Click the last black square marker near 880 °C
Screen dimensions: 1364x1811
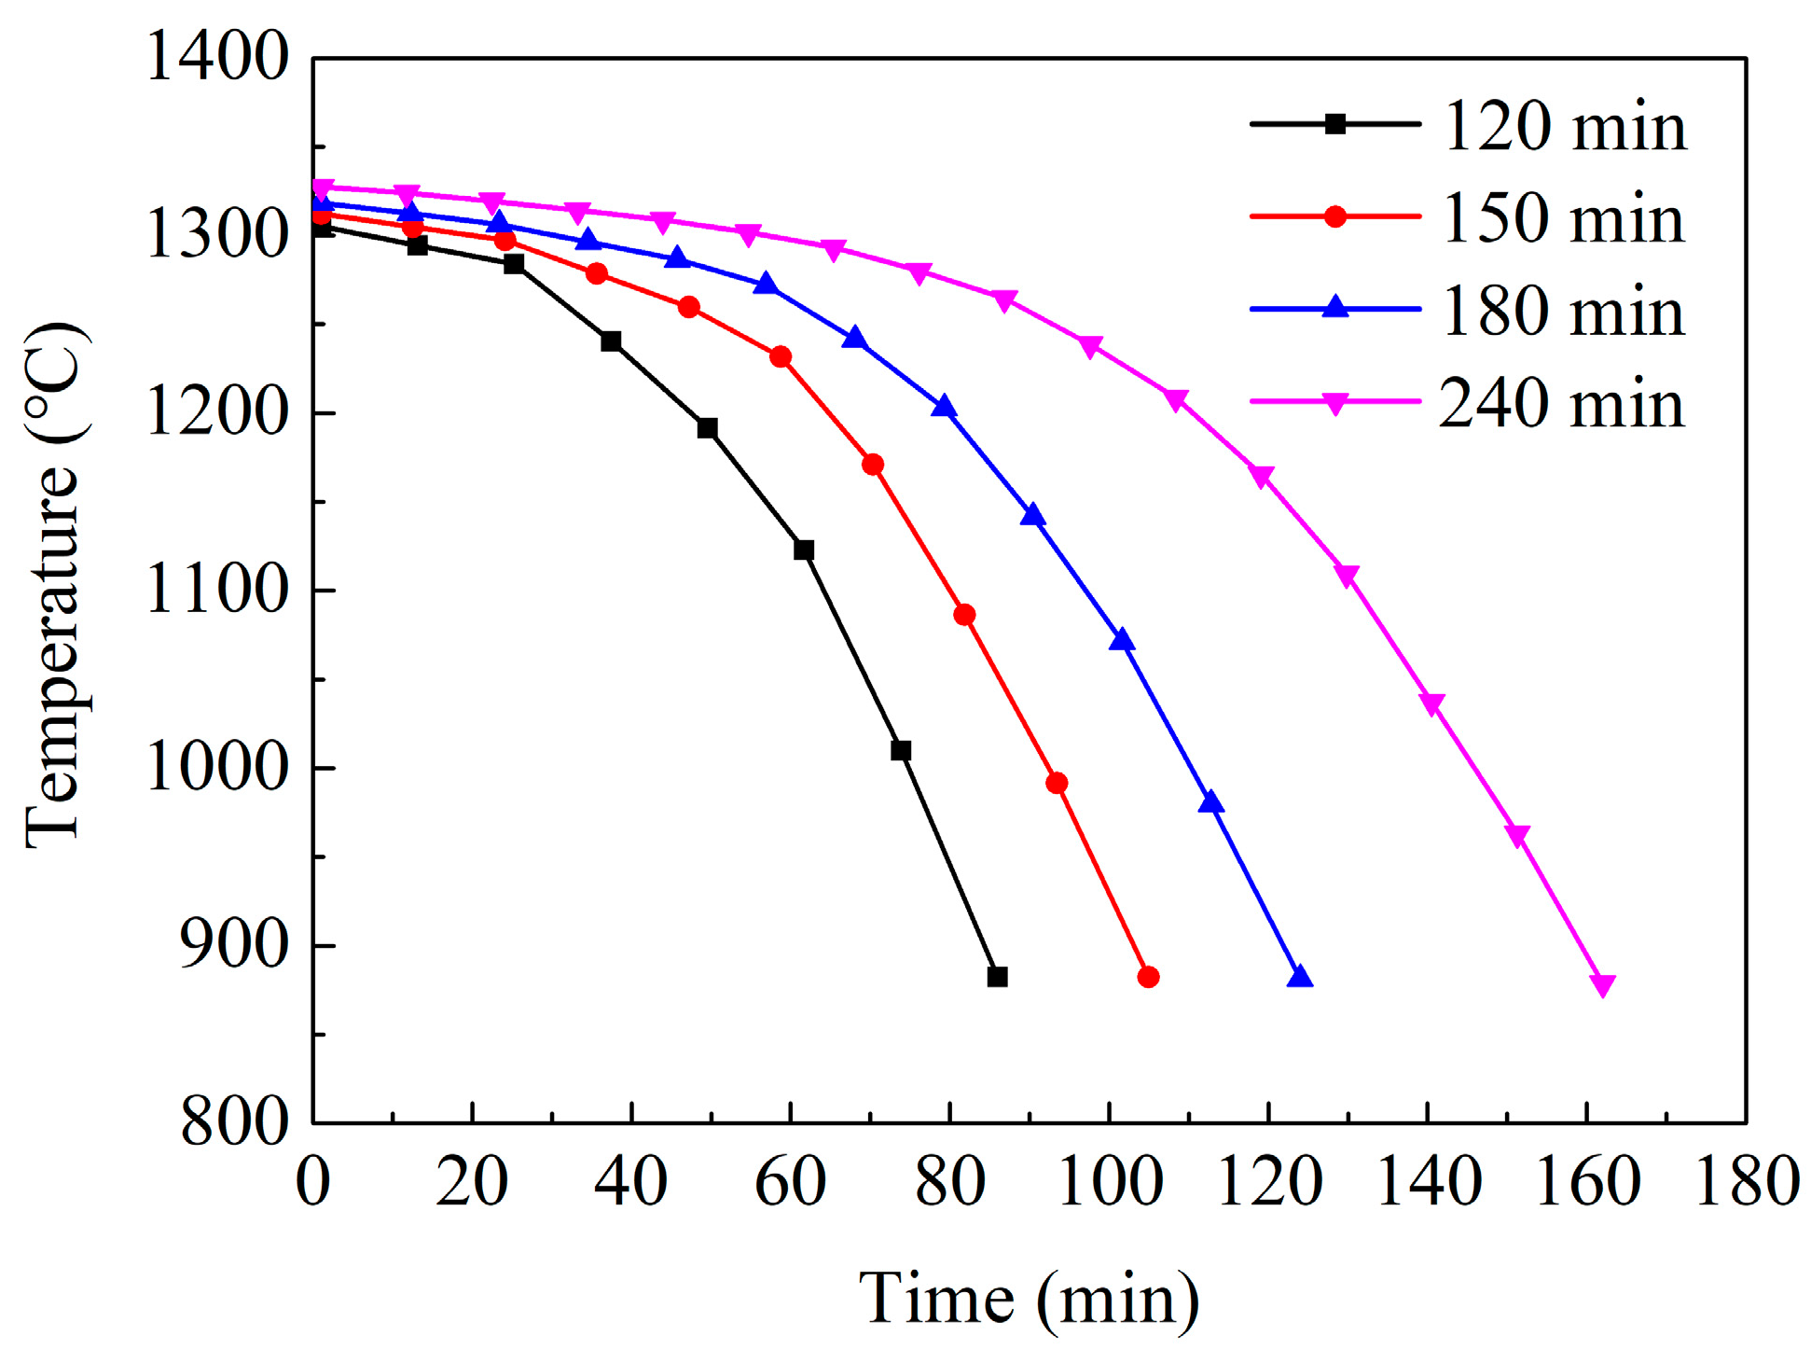pos(997,977)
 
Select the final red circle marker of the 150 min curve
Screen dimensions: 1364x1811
pos(1148,977)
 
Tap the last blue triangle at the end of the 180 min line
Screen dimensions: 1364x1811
pos(1299,977)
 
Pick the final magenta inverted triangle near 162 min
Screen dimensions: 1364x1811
pos(1602,985)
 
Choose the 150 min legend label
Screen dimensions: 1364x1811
pos(1564,218)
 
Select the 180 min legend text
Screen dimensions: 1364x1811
pos(1564,311)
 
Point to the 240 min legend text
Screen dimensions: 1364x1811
pos(1564,403)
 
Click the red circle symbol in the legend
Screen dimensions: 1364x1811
pos(1334,216)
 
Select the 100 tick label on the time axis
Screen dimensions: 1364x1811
pos(1110,1181)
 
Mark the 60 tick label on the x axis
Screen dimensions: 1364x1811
pos(791,1181)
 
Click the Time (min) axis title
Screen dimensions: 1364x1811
pos(1029,1299)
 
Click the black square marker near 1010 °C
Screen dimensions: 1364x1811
pos(901,750)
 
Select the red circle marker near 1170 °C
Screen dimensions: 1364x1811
pos(873,465)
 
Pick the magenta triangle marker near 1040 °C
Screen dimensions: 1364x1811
pos(1431,704)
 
